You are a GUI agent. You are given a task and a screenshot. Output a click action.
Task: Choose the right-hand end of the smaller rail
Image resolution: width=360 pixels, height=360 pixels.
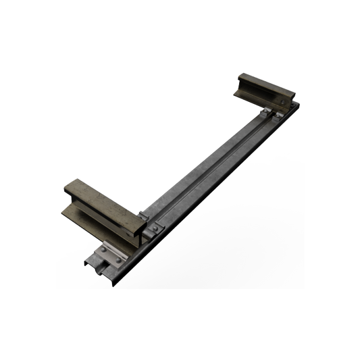pos(294,98)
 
